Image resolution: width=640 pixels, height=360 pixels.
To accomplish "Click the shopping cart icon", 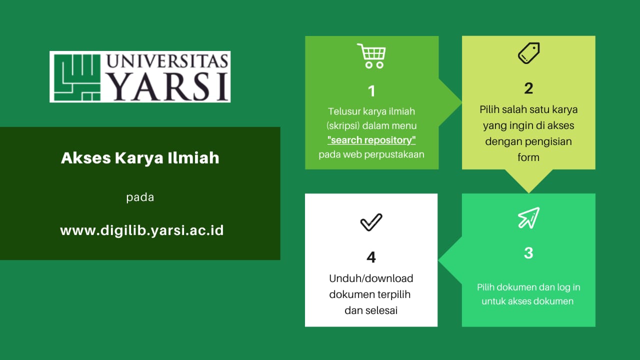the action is pos(371,55).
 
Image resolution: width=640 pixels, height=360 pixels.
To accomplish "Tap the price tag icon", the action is pos(528,53).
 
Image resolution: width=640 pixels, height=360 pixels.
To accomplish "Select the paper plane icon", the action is pos(528,217).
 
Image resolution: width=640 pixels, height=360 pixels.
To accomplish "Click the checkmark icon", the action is pos(371,222).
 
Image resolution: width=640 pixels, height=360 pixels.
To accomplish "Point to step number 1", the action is pos(371,91).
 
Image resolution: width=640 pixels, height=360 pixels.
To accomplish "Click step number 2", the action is pos(528,88).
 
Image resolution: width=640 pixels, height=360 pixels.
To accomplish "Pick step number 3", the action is pos(528,253).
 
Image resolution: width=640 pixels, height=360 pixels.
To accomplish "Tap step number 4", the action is pos(371,257).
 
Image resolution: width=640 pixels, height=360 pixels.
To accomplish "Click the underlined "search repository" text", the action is pos(371,140).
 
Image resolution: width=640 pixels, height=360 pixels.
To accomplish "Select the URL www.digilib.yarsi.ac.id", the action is pos(142,230).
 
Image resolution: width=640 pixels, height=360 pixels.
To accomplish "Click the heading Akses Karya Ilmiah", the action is pos(140,158).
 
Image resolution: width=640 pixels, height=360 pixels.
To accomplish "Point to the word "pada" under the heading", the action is pos(140,197).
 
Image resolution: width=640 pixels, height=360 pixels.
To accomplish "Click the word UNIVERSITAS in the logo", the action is pos(167,61).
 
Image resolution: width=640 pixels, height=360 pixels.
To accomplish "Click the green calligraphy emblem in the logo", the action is pos(77,77).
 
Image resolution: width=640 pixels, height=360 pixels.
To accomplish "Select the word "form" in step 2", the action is pos(528,157).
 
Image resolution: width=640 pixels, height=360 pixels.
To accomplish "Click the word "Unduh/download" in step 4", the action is pos(371,278).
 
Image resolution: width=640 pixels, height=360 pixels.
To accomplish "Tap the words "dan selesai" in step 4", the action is pos(371,310).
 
